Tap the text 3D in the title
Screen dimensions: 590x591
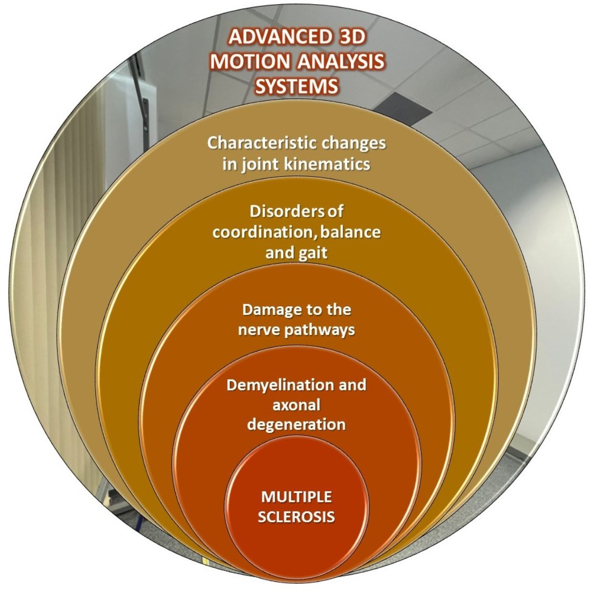click(x=351, y=38)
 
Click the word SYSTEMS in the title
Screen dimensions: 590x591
click(x=297, y=86)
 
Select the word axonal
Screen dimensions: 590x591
click(x=297, y=405)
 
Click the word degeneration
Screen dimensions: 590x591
click(x=297, y=425)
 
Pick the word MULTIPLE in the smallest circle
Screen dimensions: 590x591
click(x=297, y=496)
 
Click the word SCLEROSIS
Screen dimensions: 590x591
click(x=297, y=516)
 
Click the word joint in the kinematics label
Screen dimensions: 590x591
click(x=258, y=164)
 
